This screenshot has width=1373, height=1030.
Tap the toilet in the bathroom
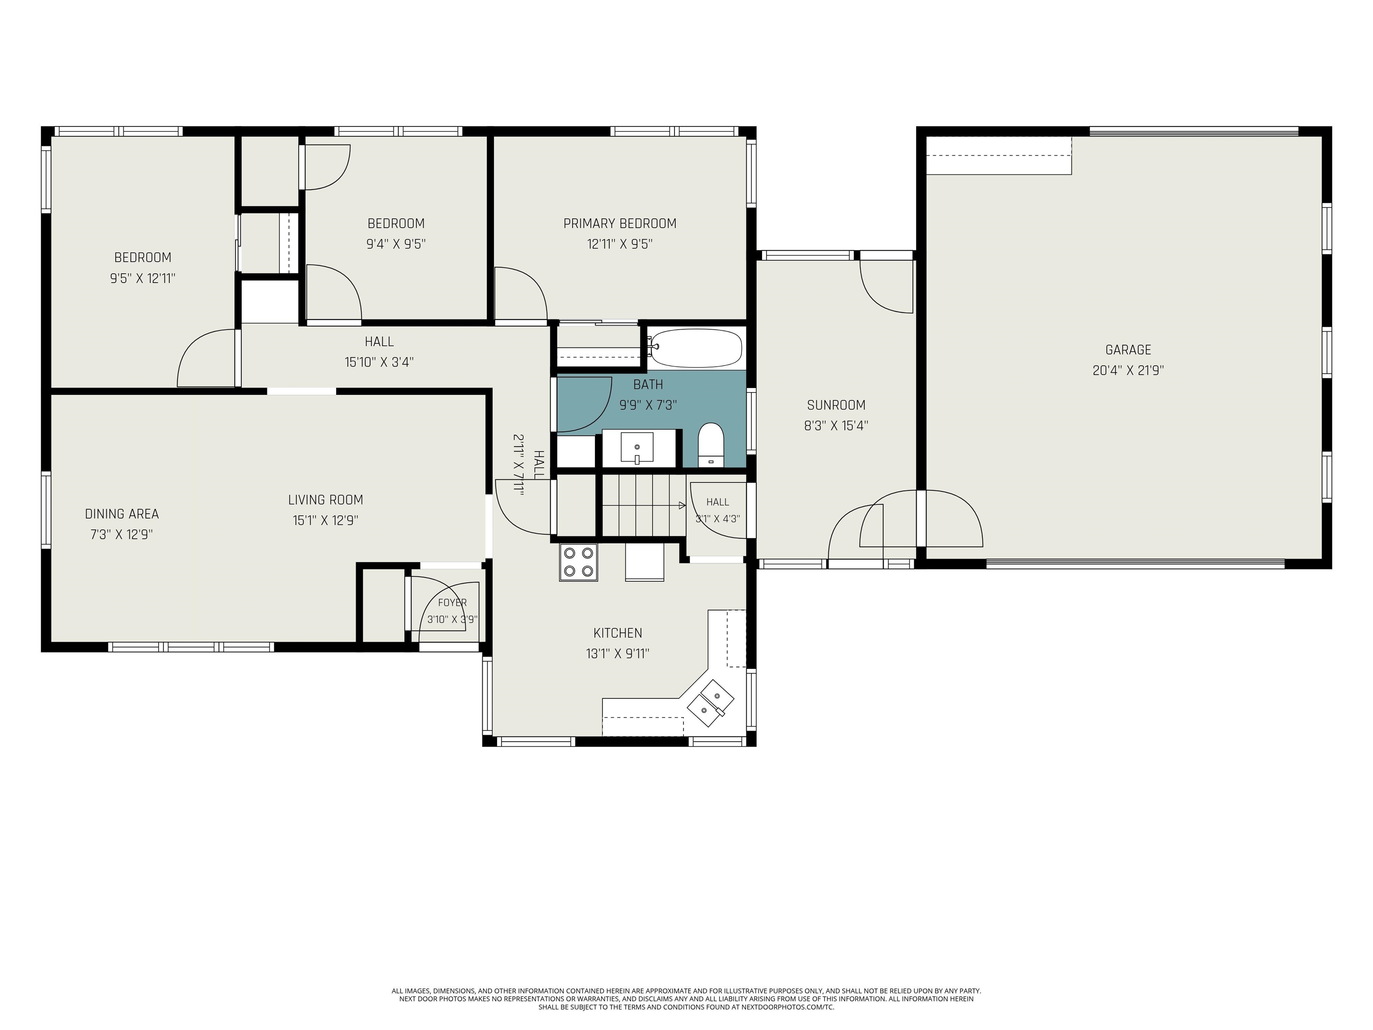tap(711, 444)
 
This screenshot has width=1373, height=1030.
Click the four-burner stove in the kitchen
tap(578, 562)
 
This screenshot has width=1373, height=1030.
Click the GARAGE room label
tap(1128, 350)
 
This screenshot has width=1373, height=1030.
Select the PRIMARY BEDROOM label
tap(619, 224)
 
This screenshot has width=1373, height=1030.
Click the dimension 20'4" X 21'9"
tap(1128, 371)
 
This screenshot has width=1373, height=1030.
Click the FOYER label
tap(452, 602)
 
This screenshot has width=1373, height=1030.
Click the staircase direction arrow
tap(644, 505)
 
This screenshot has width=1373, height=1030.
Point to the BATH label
tap(648, 385)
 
